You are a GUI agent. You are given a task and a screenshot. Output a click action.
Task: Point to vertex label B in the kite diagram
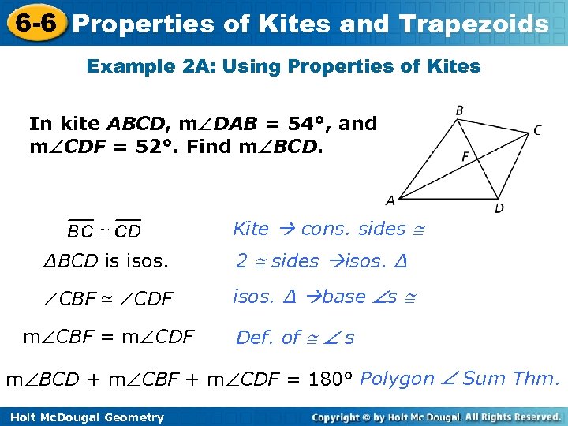click(459, 110)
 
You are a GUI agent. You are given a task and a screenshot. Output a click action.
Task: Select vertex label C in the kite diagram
click(537, 130)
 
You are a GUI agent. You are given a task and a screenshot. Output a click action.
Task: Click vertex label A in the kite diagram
click(390, 200)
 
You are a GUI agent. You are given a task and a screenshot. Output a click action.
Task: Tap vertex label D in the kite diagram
click(499, 208)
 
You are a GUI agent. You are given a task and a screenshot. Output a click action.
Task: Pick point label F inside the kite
click(465, 156)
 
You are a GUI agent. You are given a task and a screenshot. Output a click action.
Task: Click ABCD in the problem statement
click(135, 124)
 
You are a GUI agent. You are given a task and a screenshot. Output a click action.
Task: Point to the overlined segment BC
click(80, 231)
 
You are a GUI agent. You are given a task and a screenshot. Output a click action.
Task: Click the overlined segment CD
click(128, 231)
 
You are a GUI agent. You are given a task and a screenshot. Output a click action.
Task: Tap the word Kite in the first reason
click(251, 229)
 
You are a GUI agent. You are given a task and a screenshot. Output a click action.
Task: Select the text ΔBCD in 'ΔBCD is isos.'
click(70, 261)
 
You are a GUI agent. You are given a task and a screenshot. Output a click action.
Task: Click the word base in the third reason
click(344, 297)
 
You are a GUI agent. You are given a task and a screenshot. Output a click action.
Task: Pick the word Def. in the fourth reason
click(256, 338)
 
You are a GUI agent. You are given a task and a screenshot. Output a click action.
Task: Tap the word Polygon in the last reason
click(397, 379)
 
